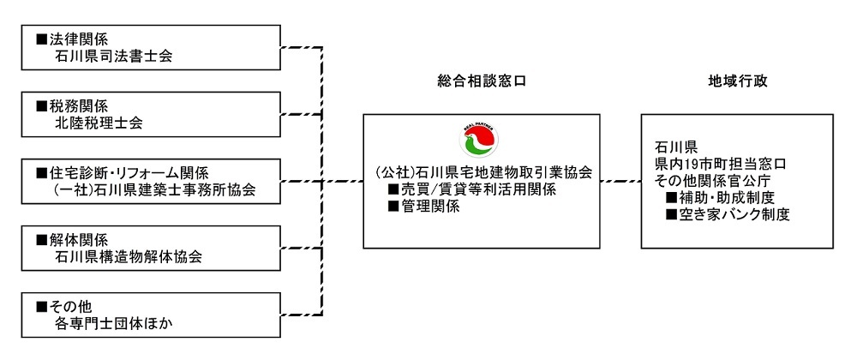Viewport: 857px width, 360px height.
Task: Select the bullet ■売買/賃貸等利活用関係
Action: tap(473, 189)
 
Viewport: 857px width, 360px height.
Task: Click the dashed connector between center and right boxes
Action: tap(620, 182)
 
